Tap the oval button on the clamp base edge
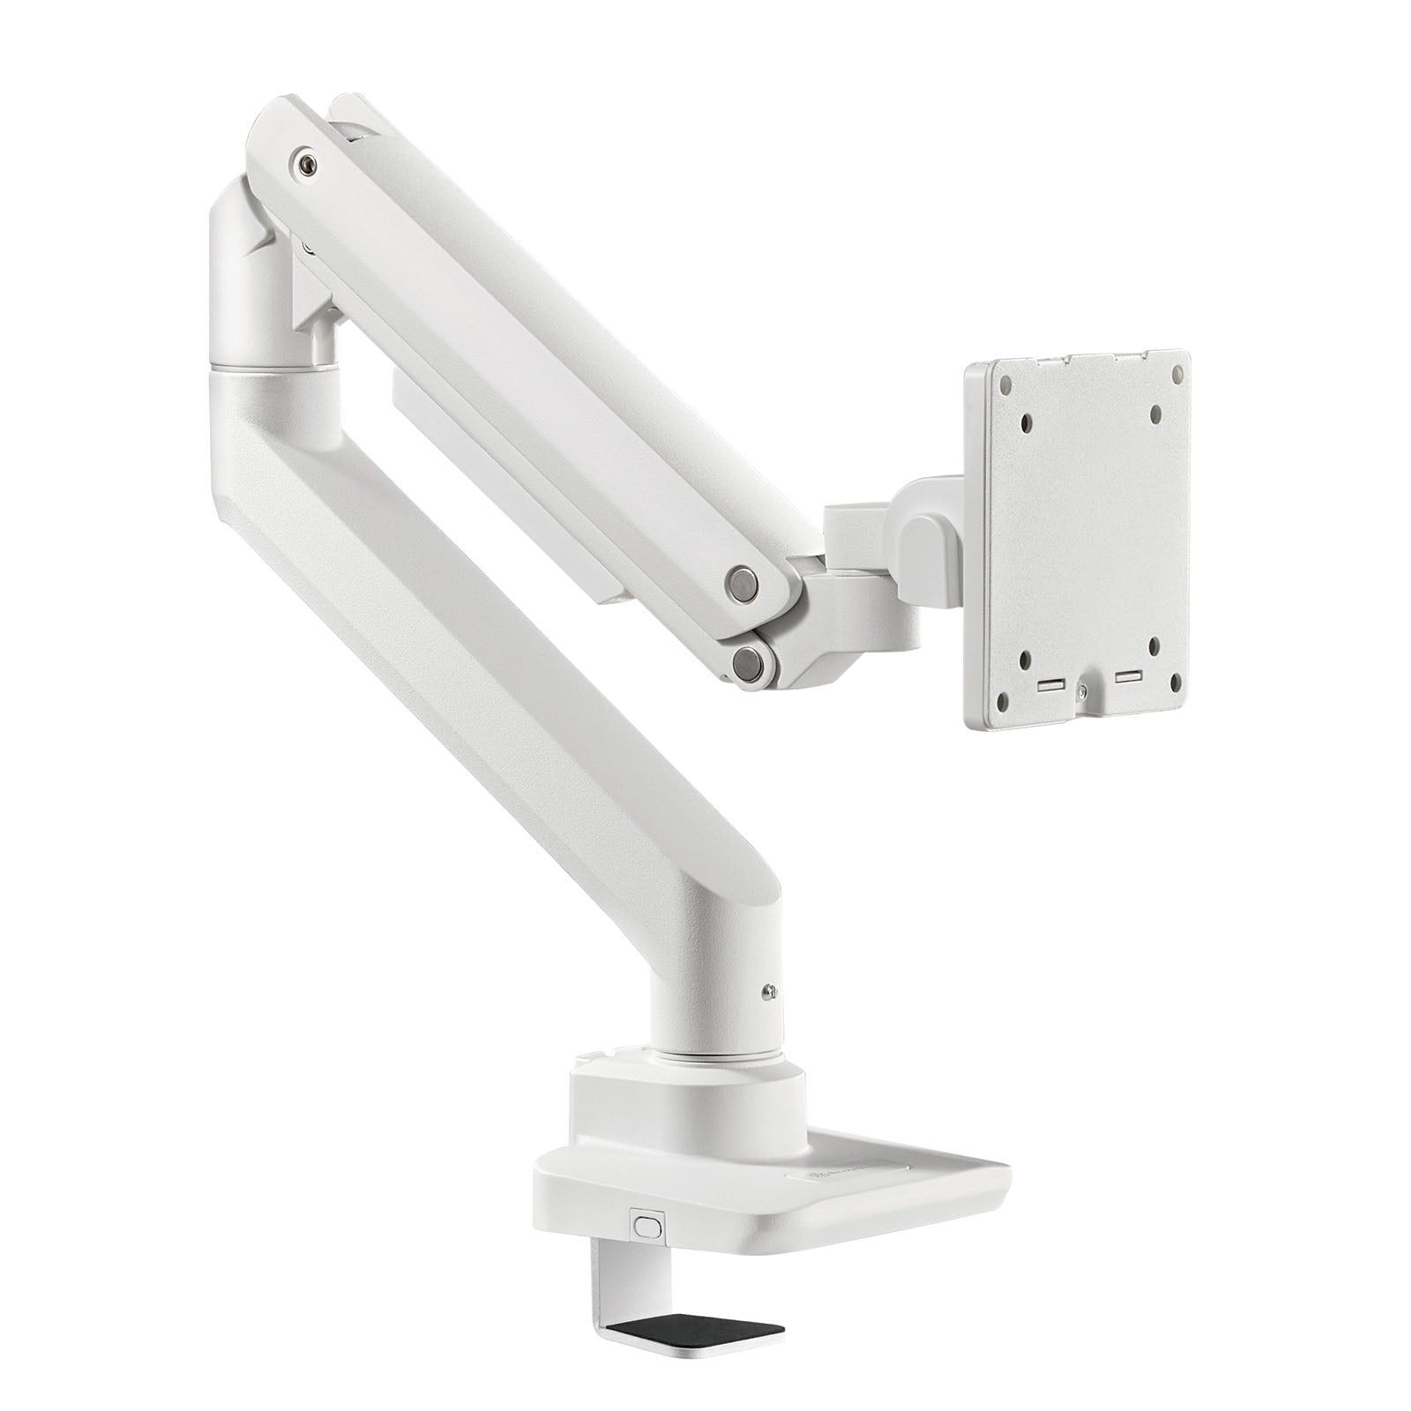[x=646, y=1227]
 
